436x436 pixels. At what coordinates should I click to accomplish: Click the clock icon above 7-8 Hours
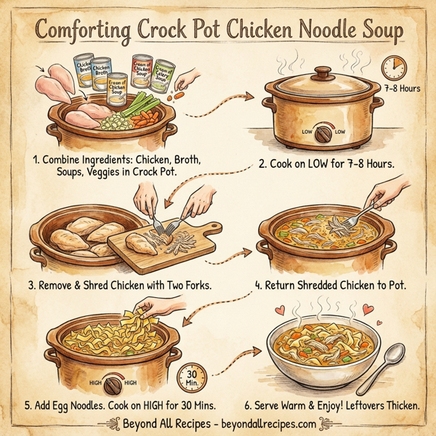[394, 68]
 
